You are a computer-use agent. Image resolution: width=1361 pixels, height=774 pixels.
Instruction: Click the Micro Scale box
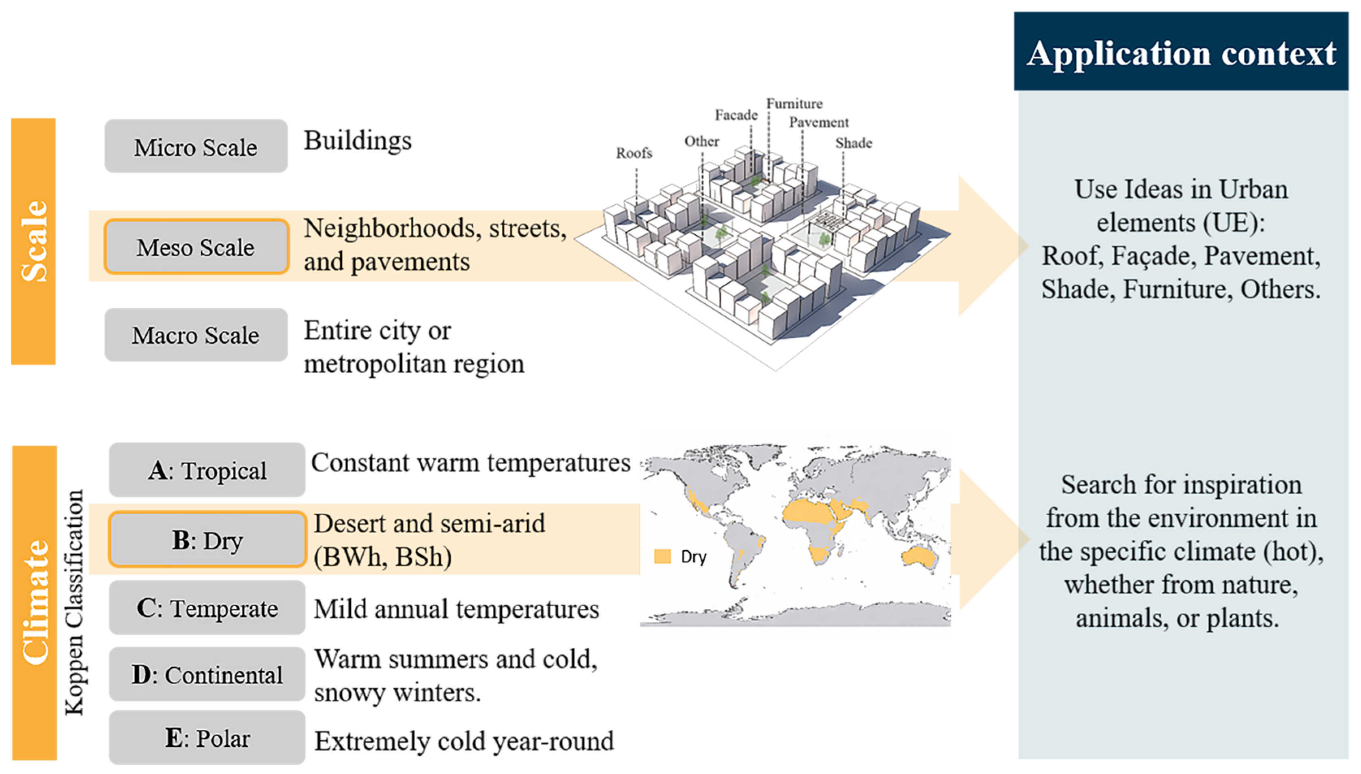[x=196, y=146]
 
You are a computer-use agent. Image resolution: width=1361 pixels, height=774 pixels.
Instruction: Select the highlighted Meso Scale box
[x=196, y=246]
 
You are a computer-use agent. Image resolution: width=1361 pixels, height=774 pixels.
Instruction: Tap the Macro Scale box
[x=196, y=335]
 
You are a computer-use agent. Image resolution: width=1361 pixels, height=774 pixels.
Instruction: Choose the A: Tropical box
[x=207, y=470]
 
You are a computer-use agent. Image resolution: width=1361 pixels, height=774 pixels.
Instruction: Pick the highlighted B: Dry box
[x=207, y=540]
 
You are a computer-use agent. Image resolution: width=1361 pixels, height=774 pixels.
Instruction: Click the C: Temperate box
[x=207, y=608]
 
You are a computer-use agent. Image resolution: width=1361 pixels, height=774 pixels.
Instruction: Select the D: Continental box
[x=207, y=675]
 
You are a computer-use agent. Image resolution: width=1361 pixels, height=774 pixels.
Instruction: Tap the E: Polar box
[x=207, y=738]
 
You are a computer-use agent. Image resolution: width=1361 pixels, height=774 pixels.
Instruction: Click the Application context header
[x=1180, y=52]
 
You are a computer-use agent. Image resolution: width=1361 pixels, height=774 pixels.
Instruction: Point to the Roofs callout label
[x=634, y=153]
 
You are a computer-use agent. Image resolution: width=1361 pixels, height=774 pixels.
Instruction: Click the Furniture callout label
[x=794, y=104]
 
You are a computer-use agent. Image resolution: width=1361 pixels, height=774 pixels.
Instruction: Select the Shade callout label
[x=853, y=143]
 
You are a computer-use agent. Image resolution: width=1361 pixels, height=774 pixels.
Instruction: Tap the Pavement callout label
[x=819, y=123]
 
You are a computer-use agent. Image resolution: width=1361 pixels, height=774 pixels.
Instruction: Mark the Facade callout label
[x=736, y=115]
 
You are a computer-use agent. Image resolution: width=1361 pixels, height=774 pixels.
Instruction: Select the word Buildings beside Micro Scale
[x=358, y=141]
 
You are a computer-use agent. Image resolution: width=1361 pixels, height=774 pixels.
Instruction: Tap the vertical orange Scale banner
[x=33, y=241]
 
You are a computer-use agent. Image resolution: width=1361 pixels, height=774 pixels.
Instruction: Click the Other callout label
[x=701, y=141]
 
